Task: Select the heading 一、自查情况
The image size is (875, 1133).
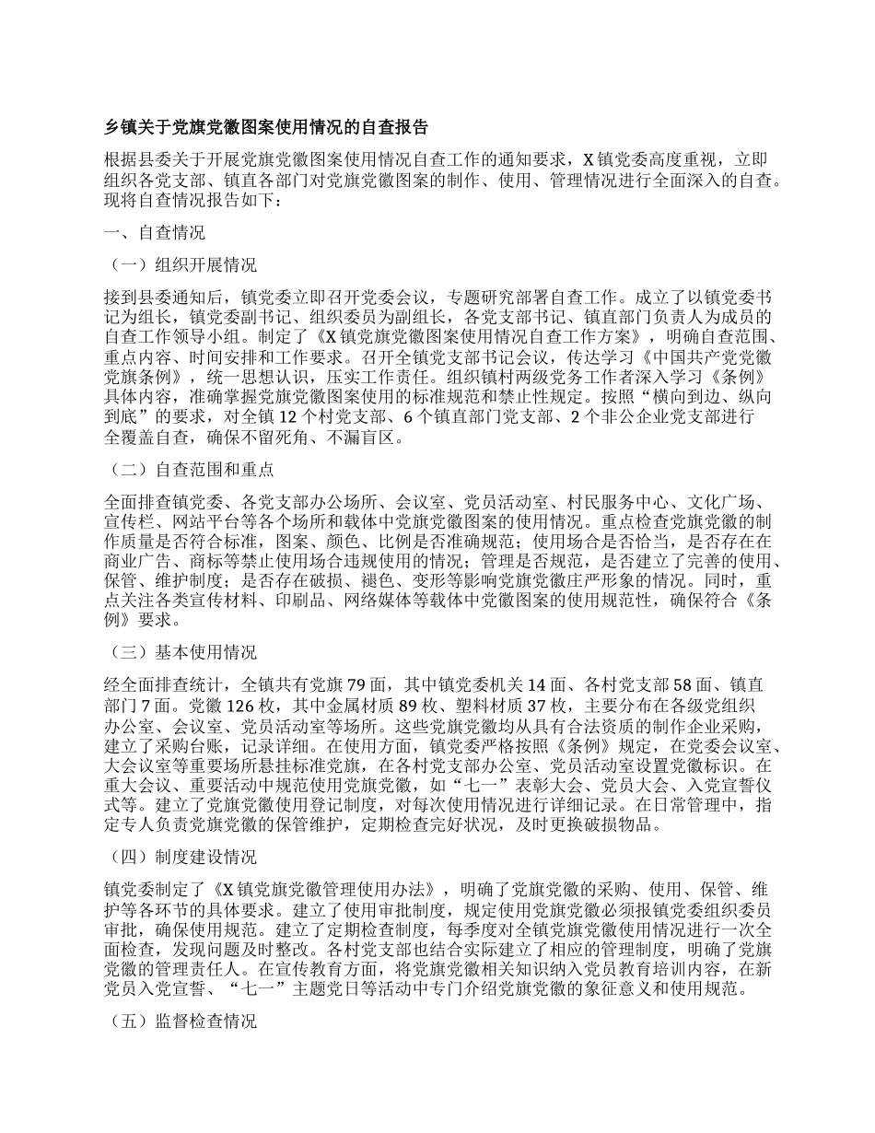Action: (x=156, y=232)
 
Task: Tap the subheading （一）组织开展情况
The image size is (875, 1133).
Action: (x=181, y=265)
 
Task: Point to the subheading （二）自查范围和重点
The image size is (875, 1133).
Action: (x=190, y=469)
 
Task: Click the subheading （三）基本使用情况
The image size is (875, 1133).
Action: (x=181, y=652)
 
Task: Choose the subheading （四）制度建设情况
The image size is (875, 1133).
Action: (x=181, y=857)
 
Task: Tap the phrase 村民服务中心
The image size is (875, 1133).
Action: (x=600, y=502)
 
